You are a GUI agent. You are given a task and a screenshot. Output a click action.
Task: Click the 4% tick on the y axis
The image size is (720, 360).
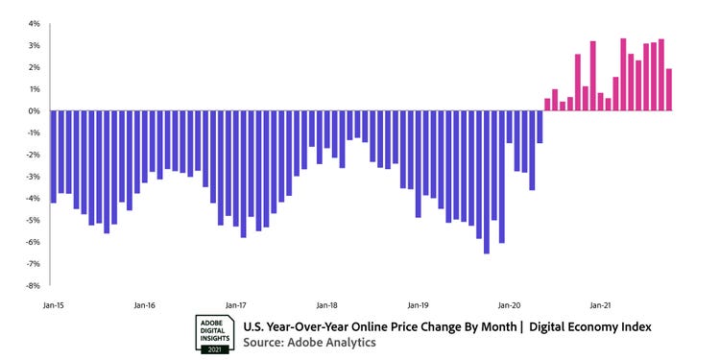(34, 23)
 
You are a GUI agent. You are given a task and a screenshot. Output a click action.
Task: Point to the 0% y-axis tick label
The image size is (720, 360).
(34, 111)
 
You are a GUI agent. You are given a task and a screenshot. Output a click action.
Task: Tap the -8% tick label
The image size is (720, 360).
(33, 286)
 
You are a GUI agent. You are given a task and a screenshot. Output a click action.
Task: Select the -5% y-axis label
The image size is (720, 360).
(33, 221)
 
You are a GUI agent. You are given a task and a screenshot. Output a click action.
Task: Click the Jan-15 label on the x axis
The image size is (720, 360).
(53, 305)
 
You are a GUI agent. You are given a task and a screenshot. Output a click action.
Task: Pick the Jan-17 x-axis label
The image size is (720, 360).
(236, 305)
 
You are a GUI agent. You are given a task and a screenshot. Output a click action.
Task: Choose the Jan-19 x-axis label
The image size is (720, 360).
(419, 305)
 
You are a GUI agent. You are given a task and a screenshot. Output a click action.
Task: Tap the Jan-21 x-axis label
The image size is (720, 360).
(601, 305)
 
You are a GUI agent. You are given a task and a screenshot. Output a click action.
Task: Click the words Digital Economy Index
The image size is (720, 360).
(591, 326)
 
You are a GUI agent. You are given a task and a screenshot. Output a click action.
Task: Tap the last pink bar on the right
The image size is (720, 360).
(669, 90)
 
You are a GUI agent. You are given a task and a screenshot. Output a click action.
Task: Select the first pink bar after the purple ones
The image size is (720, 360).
(547, 105)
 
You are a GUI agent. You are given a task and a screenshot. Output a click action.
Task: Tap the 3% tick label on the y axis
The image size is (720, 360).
(34, 45)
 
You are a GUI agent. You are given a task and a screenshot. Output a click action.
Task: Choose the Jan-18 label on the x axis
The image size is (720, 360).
(327, 305)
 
